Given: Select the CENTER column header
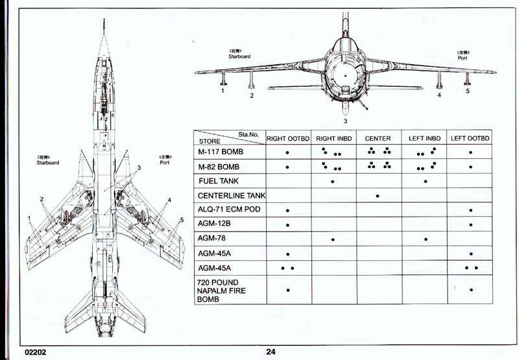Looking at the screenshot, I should (378, 138).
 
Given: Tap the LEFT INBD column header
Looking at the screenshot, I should (425, 138).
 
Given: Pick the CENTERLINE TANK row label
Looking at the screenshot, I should (231, 196).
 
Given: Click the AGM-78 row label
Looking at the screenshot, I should (213, 239).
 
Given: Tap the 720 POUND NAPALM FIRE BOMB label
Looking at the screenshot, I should (221, 291).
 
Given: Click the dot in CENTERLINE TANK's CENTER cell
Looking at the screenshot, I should (378, 196).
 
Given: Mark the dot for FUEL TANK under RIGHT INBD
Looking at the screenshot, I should (333, 182).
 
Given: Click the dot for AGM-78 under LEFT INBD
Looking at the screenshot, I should (426, 239).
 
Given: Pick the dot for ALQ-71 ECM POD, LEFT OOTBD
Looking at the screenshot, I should (471, 211).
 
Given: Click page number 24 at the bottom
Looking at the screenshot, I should (271, 352).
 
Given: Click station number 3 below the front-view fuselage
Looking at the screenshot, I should (345, 121).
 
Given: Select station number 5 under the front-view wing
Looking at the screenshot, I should (467, 91).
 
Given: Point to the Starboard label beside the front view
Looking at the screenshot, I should (239, 56).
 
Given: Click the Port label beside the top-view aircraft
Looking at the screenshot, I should (165, 163).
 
